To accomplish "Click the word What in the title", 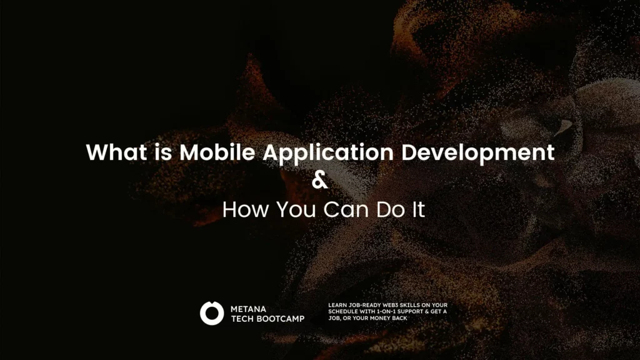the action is point(117,152).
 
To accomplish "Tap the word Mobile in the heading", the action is point(217,152).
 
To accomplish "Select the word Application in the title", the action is point(328,154).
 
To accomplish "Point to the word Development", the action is point(478,154).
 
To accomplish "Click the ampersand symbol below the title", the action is point(319,180).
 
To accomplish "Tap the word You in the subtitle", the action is point(296,209).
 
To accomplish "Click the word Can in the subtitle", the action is point(346,209).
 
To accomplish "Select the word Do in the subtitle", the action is point(391,209).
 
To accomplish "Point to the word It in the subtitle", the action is point(418,209).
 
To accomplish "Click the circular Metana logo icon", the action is point(212,313).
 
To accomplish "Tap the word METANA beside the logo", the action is point(248,309).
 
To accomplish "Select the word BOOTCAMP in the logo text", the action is point(281,319).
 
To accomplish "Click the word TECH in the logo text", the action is point(242,319).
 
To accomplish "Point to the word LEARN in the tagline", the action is point(337,305).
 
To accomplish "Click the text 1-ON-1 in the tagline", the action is point(386,311).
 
